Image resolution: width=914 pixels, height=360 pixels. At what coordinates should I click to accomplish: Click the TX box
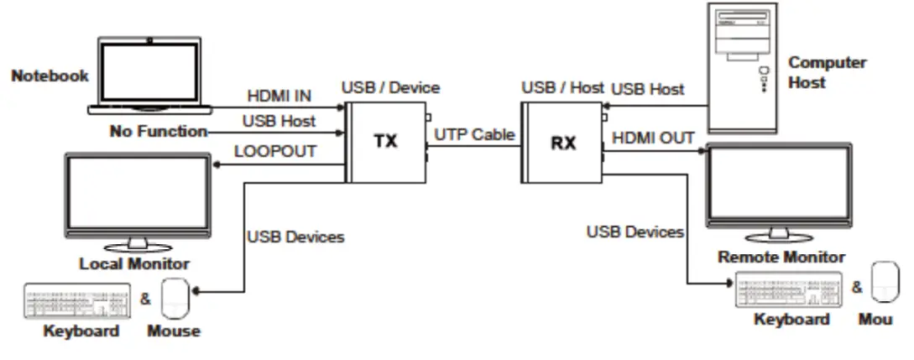[385, 141]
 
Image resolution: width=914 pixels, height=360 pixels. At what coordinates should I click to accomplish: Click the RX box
[561, 143]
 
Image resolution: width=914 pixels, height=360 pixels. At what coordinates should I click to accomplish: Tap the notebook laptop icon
[149, 76]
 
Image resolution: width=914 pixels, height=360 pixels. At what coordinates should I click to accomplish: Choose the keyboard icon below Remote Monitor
[788, 290]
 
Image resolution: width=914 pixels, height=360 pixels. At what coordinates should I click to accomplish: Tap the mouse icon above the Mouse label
[175, 298]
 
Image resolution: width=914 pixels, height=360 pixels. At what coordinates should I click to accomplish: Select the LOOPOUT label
[275, 151]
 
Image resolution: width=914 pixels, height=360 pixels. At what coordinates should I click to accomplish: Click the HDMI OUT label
[653, 138]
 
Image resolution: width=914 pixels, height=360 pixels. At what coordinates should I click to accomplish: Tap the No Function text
[158, 131]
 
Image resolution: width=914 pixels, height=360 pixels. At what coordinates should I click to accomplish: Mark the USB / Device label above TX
[390, 87]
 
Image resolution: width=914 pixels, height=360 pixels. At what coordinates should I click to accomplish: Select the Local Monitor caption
[134, 263]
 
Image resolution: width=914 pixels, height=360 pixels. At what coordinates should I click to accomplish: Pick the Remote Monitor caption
[781, 257]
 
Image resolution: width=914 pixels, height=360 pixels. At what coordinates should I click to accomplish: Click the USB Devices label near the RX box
[635, 232]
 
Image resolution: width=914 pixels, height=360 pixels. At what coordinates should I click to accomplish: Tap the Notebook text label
[50, 76]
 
